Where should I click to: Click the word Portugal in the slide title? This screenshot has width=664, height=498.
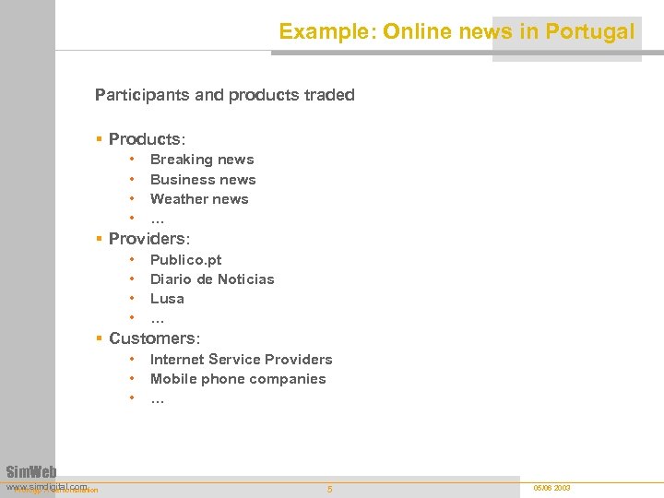tap(590, 31)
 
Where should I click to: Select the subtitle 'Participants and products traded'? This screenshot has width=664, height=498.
tap(224, 95)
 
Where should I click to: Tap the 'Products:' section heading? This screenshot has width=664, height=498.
tap(147, 139)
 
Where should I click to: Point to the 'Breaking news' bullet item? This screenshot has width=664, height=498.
tap(202, 160)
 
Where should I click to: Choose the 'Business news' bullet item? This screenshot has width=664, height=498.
tap(203, 180)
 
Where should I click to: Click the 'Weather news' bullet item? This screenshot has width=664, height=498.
tap(199, 199)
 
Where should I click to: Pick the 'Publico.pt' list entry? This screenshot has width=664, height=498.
tap(185, 260)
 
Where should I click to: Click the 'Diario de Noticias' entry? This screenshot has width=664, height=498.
tap(212, 279)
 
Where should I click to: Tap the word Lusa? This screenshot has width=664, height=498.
tap(167, 299)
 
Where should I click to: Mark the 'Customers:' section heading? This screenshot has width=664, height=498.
tap(154, 338)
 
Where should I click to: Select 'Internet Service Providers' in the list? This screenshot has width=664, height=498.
tap(241, 360)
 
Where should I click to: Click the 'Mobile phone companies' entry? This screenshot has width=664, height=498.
tap(238, 379)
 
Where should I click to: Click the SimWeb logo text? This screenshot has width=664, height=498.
tap(31, 472)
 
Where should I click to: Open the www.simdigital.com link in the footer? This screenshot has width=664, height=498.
tap(46, 485)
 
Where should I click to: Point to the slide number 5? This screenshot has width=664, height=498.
tap(330, 489)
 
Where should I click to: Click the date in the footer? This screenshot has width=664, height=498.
tap(551, 487)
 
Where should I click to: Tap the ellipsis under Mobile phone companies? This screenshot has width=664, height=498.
tap(158, 400)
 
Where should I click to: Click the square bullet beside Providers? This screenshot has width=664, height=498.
tap(100, 239)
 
